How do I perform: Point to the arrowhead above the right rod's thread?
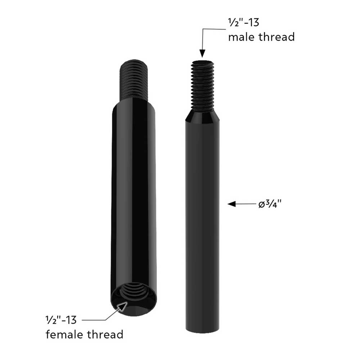click(202, 54)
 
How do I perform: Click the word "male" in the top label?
click(241, 36)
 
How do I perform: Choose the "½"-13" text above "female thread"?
click(61, 319)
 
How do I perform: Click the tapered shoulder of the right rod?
click(202, 117)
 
